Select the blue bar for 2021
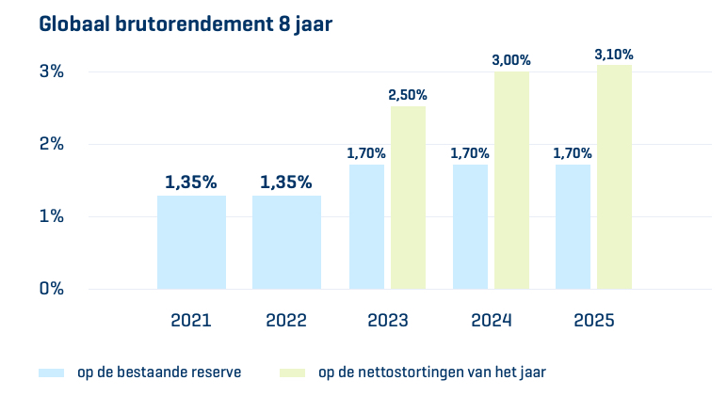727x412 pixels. (191, 242)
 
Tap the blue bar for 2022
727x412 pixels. (286, 242)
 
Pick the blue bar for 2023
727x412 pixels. (366, 227)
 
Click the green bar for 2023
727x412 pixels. (408, 198)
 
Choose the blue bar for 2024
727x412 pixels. (470, 227)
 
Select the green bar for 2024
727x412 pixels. (511, 180)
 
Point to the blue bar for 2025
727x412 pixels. (573, 227)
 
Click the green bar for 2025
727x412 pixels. (614, 177)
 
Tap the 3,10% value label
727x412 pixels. (614, 55)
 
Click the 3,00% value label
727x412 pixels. (511, 60)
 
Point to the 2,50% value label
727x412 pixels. (408, 95)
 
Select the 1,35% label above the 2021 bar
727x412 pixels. (191, 182)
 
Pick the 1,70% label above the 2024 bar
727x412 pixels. (470, 153)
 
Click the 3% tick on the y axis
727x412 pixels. (51, 71)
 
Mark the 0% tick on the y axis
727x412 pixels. (51, 289)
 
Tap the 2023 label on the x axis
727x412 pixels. (388, 321)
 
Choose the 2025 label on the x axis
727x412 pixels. (593, 321)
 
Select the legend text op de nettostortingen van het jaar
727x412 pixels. (432, 372)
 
